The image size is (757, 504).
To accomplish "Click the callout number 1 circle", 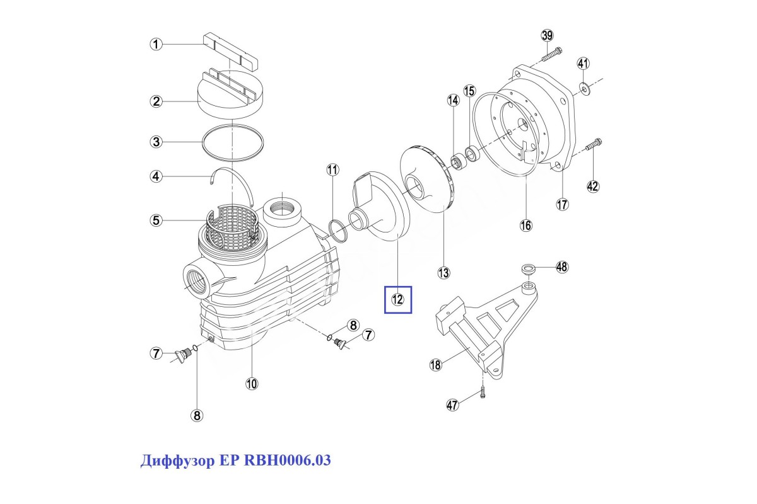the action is (x=156, y=44).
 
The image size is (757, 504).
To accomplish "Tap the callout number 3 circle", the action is (x=156, y=142).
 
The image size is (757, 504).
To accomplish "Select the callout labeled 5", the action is (x=156, y=220).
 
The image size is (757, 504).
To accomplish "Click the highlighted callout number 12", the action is (x=397, y=299).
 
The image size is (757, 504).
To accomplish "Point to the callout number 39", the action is (x=547, y=35).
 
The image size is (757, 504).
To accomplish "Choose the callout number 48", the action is (x=562, y=267).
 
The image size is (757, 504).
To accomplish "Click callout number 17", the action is (x=562, y=204).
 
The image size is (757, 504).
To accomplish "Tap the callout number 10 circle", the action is (x=252, y=384).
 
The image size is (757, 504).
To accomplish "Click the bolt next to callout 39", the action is (x=551, y=55).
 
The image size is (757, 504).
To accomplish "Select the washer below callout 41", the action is (x=585, y=88).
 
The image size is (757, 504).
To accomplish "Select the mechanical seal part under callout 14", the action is (x=460, y=162).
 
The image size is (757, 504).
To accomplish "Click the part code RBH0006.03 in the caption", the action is (x=287, y=460).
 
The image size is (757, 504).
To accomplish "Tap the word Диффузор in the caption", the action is (x=177, y=461).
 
